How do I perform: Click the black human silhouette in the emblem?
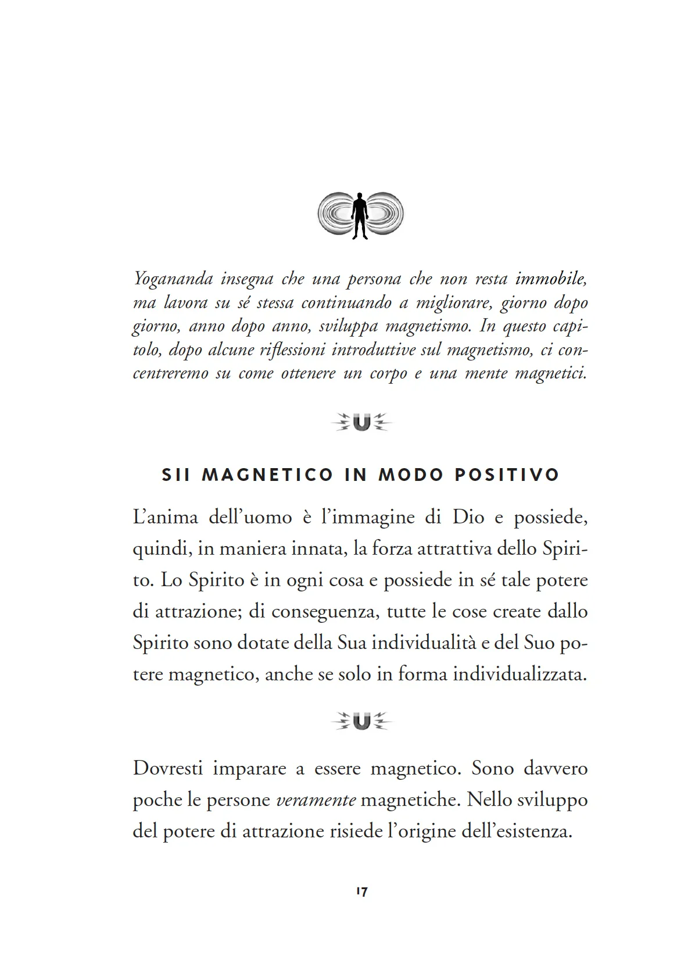pyautogui.click(x=360, y=215)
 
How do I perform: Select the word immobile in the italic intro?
pyautogui.click(x=551, y=279)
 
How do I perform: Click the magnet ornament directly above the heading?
pyautogui.click(x=361, y=422)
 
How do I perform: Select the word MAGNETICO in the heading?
pyautogui.click(x=267, y=475)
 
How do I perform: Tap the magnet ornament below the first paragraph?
pyautogui.click(x=361, y=722)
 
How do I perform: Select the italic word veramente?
pyautogui.click(x=316, y=800)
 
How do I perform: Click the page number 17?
pyautogui.click(x=361, y=891)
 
